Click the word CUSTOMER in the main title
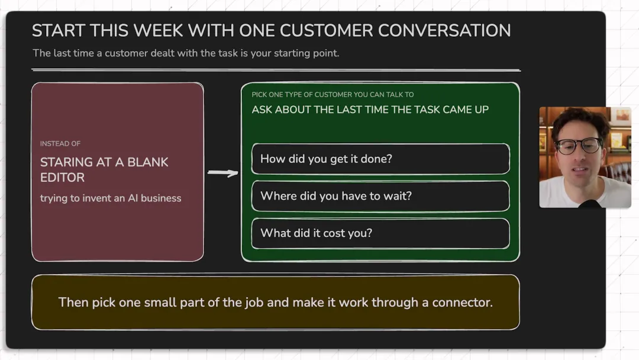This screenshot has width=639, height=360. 326,31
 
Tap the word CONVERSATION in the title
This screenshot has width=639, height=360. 444,31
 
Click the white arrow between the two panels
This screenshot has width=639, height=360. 222,173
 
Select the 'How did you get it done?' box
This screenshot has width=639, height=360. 380,159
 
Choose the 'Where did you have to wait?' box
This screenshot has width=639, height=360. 380,196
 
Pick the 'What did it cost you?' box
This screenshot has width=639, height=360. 380,233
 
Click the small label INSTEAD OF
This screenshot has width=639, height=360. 60,143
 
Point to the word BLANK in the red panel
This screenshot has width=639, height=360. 147,162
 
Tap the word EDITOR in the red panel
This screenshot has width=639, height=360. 62,178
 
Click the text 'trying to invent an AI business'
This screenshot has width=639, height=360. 111,198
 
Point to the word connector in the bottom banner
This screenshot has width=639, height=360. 463,303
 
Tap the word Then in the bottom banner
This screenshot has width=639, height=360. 73,303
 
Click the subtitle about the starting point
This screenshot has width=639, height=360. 186,53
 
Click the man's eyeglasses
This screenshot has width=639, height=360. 579,146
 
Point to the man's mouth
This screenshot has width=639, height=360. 580,169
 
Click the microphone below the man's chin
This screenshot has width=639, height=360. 590,204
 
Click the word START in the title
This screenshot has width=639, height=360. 59,31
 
